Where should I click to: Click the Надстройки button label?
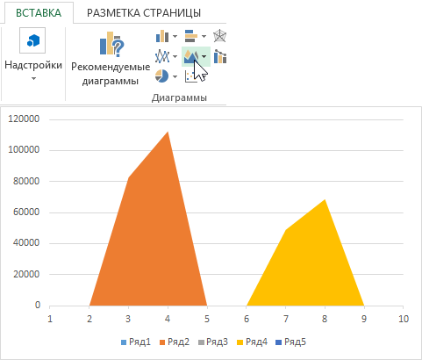(33, 64)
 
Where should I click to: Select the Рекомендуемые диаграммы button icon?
(111, 43)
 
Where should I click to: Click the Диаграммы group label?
(179, 97)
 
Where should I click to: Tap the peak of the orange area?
(168, 133)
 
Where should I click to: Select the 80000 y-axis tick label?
(27, 181)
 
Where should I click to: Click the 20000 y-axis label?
(27, 274)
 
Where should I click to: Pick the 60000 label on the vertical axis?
(27, 212)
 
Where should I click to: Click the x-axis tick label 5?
(207, 318)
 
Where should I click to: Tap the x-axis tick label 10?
(402, 318)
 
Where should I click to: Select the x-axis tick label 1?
(51, 318)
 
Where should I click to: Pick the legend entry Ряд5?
(296, 342)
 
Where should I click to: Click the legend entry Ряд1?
(138, 342)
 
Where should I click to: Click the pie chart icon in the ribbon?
(161, 76)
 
